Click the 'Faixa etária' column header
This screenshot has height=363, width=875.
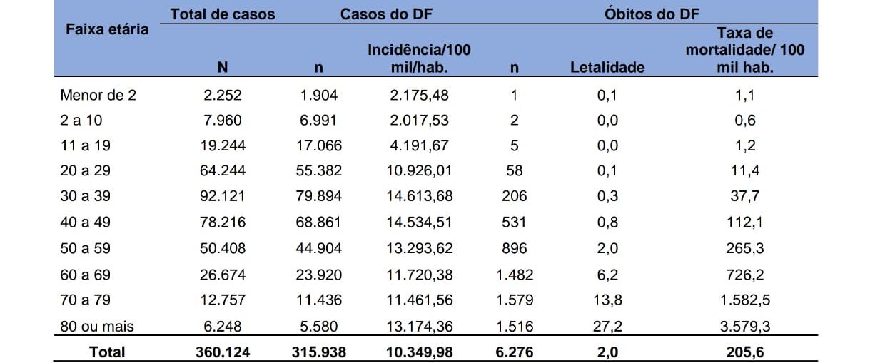click(107, 29)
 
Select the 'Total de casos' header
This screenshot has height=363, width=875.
click(223, 14)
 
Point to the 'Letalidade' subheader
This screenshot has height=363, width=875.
click(607, 68)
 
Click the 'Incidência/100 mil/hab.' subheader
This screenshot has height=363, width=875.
click(419, 58)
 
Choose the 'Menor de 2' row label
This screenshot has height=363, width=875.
click(98, 95)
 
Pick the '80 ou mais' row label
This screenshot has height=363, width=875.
click(97, 327)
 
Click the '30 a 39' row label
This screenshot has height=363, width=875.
click(86, 196)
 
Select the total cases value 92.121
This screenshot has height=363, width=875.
click(223, 196)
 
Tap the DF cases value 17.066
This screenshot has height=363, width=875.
click(319, 145)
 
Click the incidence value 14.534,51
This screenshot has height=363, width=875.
click(419, 223)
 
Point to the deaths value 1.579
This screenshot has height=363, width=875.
click(514, 300)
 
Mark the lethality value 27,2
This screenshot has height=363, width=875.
click(607, 327)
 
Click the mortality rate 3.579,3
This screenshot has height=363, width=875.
click(744, 327)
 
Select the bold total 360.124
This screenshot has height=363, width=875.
click(223, 352)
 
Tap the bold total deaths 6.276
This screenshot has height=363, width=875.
click(514, 352)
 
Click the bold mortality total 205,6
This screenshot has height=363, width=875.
click(744, 352)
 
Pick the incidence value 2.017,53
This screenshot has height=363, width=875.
click(419, 120)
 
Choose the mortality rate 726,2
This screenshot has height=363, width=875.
click(744, 275)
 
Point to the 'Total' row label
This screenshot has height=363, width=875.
click(107, 352)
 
